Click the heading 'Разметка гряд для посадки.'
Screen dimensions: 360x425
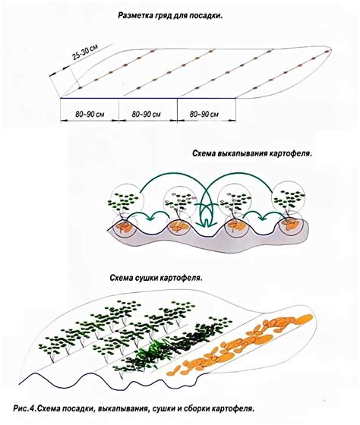point(170,15)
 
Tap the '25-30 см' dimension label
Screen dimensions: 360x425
point(85,52)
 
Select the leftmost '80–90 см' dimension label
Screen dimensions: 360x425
point(90,114)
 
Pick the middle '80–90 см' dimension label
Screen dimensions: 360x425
point(147,114)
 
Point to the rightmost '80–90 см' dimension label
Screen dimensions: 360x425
point(204,114)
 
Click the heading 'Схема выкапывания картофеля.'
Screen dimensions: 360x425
point(252,153)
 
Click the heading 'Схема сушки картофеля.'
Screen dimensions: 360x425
point(156,279)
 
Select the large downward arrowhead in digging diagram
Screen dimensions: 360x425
point(206,222)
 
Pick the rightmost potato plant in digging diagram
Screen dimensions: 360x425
point(289,201)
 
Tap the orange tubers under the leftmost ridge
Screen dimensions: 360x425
point(124,226)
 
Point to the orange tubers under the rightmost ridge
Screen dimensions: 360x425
point(289,224)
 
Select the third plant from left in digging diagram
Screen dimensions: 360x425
point(235,203)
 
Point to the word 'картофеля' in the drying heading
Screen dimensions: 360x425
point(182,279)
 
